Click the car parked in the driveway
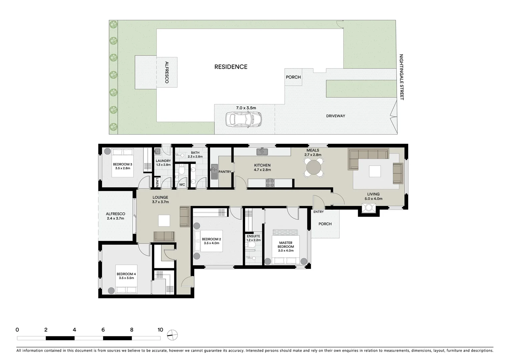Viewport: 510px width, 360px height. pyautogui.click(x=243, y=119)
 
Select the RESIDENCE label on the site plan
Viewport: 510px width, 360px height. pyautogui.click(x=231, y=67)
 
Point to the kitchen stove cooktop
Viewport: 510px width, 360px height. pyautogui.click(x=270, y=183)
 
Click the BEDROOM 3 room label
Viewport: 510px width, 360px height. pyautogui.click(x=122, y=164)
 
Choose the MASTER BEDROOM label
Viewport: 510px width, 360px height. pyautogui.click(x=286, y=245)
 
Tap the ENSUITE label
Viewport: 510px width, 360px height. pyautogui.click(x=253, y=236)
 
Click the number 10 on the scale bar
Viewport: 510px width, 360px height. pyautogui.click(x=160, y=330)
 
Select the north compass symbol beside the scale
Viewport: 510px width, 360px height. pyautogui.click(x=173, y=334)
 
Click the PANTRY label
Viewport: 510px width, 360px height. pyautogui.click(x=225, y=172)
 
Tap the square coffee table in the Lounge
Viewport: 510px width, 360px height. pyautogui.click(x=164, y=221)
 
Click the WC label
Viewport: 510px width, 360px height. pyautogui.click(x=182, y=185)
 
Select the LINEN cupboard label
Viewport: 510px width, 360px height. pyautogui.click(x=157, y=182)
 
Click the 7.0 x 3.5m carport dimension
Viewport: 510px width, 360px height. pyautogui.click(x=246, y=108)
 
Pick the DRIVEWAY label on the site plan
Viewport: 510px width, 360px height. pyautogui.click(x=336, y=116)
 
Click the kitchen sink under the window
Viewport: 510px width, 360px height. pyautogui.click(x=262, y=152)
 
